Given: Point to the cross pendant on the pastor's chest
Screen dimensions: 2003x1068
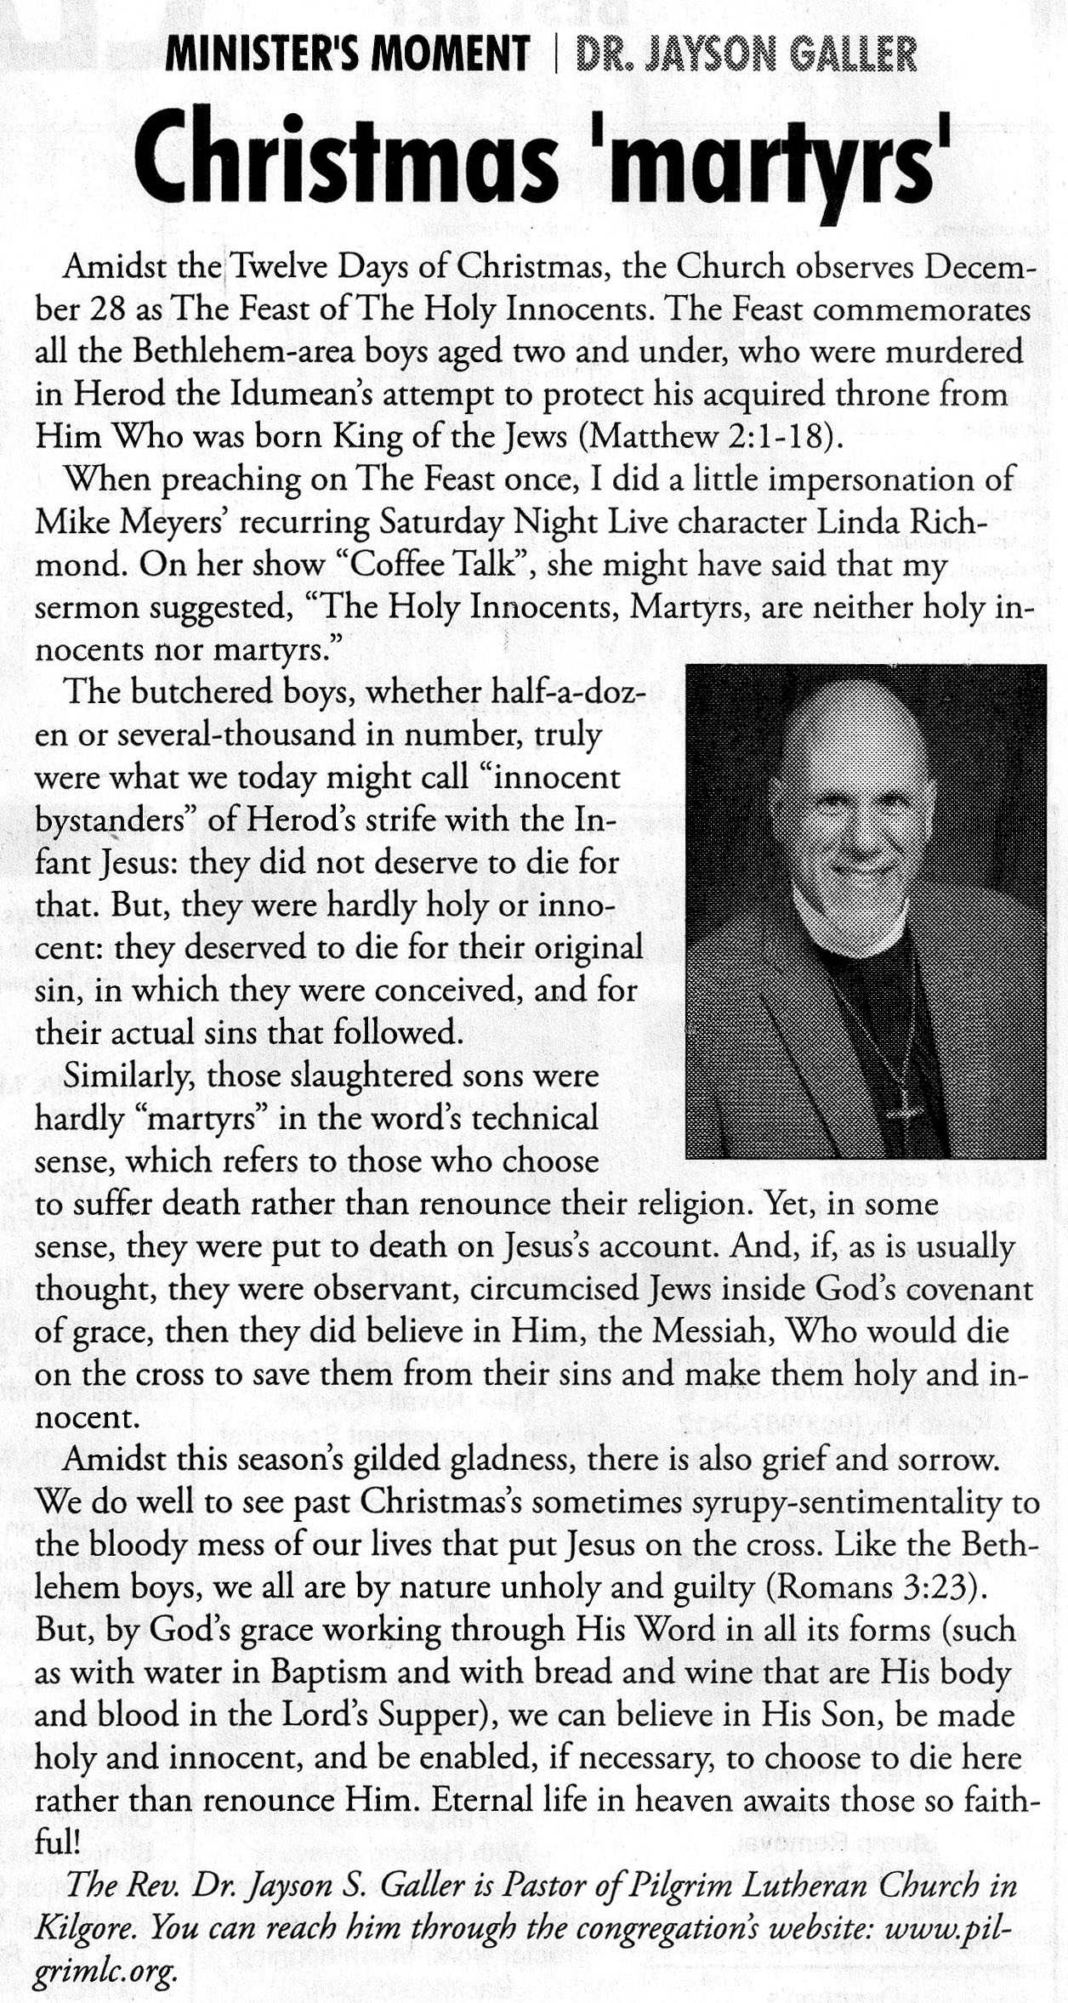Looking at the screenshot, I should point(904,1105).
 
